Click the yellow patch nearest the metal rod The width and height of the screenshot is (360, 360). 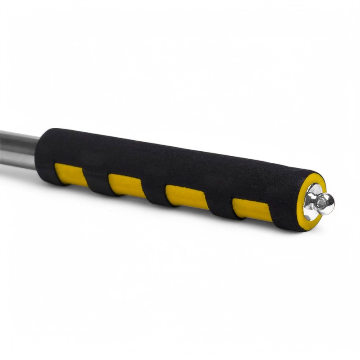71,175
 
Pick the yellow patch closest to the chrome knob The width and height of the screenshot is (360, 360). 252,210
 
